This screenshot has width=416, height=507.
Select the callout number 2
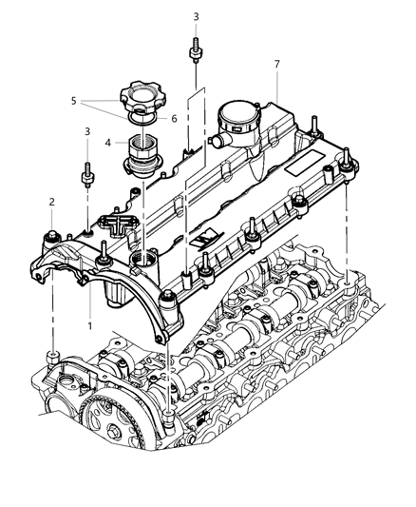(x=52, y=202)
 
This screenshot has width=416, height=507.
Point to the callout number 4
(x=108, y=143)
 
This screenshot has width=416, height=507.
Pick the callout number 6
(x=174, y=119)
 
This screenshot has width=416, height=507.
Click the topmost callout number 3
(x=195, y=17)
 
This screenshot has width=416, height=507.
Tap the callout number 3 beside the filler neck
(x=87, y=133)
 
